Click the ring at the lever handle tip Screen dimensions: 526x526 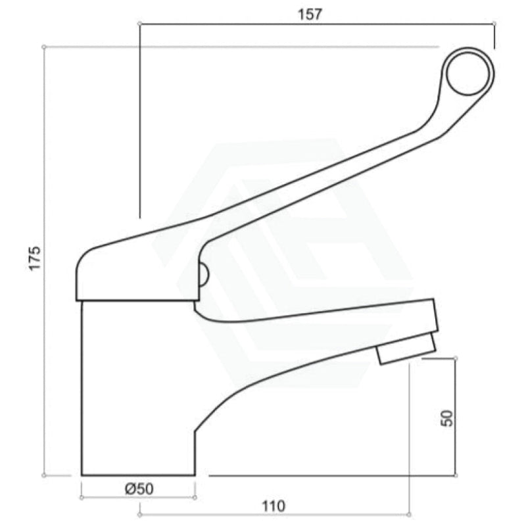coord(467,72)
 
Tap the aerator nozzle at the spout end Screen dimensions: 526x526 coord(406,348)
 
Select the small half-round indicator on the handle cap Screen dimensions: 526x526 coord(202,275)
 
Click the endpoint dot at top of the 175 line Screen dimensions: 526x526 coord(43,47)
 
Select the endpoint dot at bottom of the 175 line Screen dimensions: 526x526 coord(43,475)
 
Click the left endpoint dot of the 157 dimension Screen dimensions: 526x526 coord(139,24)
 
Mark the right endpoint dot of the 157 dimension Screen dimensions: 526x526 coord(494,24)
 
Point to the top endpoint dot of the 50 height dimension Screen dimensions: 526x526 coord(456,358)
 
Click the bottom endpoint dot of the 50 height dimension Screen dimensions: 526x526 coord(456,475)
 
